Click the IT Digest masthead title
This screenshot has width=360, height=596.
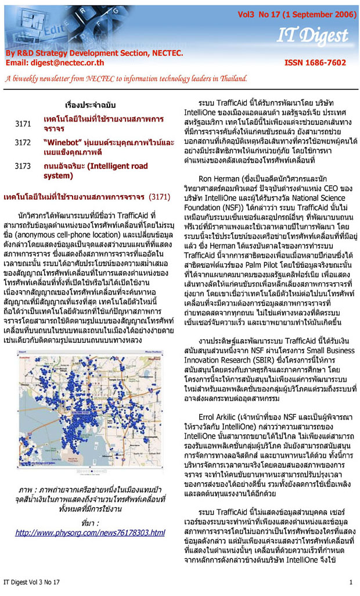[x=312, y=36]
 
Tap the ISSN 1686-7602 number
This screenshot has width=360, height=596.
[x=315, y=63]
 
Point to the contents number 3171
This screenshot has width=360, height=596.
[x=23, y=124]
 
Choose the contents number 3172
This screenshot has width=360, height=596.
[x=23, y=142]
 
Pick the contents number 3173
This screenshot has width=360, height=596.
[x=23, y=166]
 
